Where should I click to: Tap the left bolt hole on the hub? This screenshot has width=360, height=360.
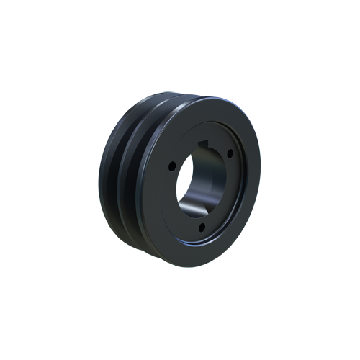click(x=172, y=167)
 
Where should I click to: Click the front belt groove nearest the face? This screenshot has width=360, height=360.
click(x=132, y=180)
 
